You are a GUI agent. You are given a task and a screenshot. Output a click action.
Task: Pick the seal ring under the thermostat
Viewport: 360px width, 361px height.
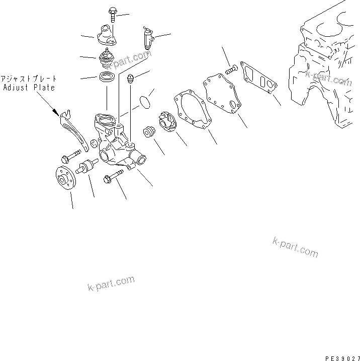coord(107,77)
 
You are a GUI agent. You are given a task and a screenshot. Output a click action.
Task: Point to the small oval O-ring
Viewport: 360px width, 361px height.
coord(145,101)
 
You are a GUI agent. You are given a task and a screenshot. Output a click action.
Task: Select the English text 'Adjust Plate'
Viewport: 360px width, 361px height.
coord(29,88)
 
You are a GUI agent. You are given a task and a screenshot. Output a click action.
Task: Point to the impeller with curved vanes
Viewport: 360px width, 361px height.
coord(166,122)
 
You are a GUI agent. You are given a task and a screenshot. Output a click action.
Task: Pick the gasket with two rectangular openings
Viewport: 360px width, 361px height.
coord(258,78)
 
